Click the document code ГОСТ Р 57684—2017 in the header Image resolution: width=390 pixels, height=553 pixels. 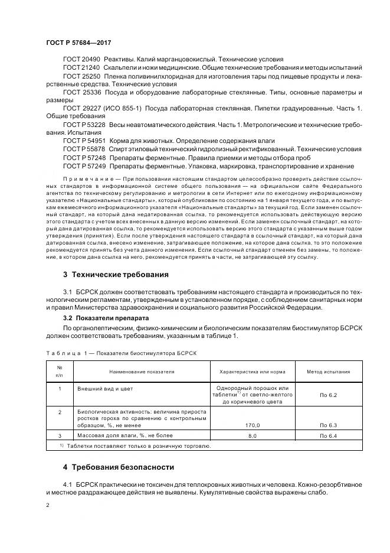pos(78,43)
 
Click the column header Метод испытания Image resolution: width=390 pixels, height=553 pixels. pos(328,372)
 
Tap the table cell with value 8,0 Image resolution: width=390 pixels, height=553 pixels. pos(253,436)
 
